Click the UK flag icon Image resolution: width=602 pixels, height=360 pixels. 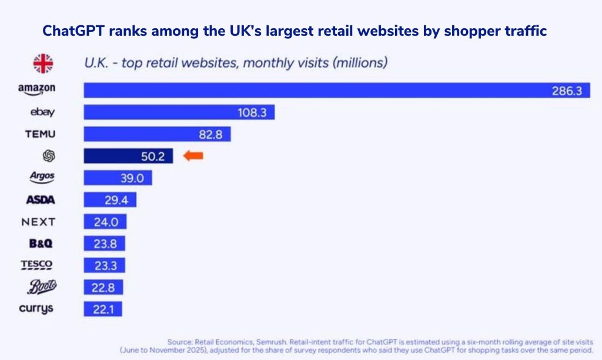[x=42, y=63]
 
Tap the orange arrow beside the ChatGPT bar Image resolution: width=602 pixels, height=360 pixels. [x=193, y=156]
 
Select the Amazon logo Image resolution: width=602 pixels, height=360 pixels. [x=36, y=89]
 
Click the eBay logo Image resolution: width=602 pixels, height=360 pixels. [x=42, y=112]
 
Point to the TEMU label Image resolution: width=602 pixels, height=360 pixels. [x=40, y=134]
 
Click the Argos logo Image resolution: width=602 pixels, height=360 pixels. [x=42, y=177]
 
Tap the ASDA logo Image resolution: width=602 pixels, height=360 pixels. [x=41, y=200]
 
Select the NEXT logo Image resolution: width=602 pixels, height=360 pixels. [x=38, y=222]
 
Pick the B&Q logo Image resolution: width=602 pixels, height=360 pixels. [x=41, y=244]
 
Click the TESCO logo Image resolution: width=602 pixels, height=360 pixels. [x=36, y=265]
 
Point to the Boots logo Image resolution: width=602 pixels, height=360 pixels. [x=42, y=287]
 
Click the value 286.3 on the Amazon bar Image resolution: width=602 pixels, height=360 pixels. [x=566, y=91]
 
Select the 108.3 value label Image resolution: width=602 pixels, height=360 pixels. [x=252, y=112]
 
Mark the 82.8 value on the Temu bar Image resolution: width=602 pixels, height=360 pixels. [x=210, y=135]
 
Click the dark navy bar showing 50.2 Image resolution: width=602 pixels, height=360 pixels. [x=128, y=156]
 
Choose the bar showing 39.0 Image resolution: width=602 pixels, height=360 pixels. [x=118, y=178]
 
